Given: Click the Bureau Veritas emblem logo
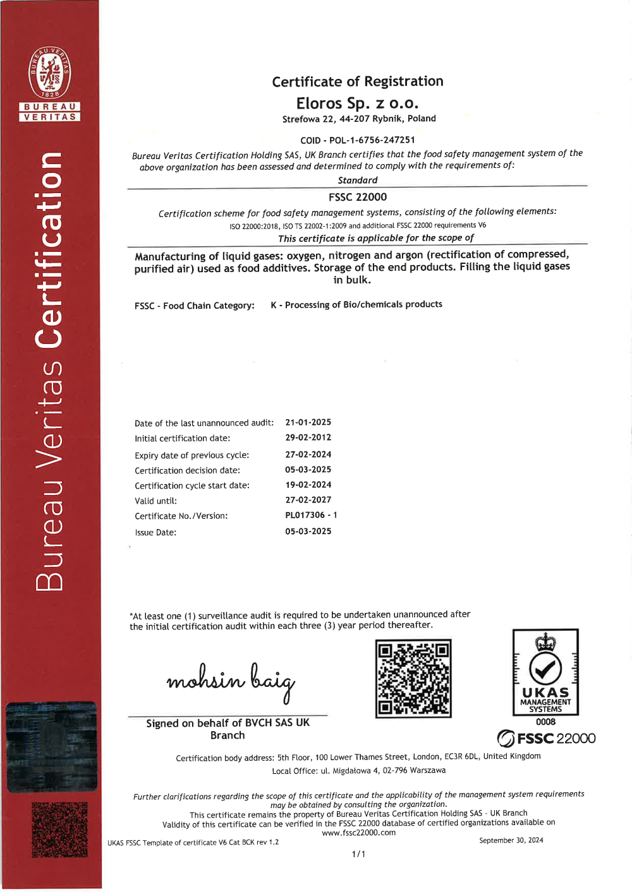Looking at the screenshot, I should [x=50, y=73].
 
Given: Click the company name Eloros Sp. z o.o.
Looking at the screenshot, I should [x=357, y=103].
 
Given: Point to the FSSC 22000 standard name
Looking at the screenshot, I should [x=358, y=197].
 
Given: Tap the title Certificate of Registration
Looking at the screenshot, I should [x=358, y=81].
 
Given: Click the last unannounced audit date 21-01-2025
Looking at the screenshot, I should [x=308, y=422].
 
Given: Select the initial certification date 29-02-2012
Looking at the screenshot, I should [x=308, y=437].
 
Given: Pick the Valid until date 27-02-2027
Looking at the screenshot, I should [x=308, y=500].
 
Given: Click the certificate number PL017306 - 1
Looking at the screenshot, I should [x=311, y=515].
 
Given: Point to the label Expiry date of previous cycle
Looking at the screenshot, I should [x=191, y=455].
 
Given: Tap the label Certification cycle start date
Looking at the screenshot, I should [x=192, y=485].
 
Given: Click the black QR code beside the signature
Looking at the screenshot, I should [x=413, y=679].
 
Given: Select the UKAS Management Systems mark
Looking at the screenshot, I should [x=545, y=672].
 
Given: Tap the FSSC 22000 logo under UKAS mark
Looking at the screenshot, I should [x=546, y=738].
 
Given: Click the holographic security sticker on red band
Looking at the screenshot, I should [x=52, y=747].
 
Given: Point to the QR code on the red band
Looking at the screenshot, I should [x=59, y=830].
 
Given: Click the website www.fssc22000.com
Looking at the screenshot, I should [x=358, y=833].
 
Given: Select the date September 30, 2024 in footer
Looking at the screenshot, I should [x=511, y=840].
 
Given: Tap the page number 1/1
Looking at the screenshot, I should [x=358, y=854].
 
